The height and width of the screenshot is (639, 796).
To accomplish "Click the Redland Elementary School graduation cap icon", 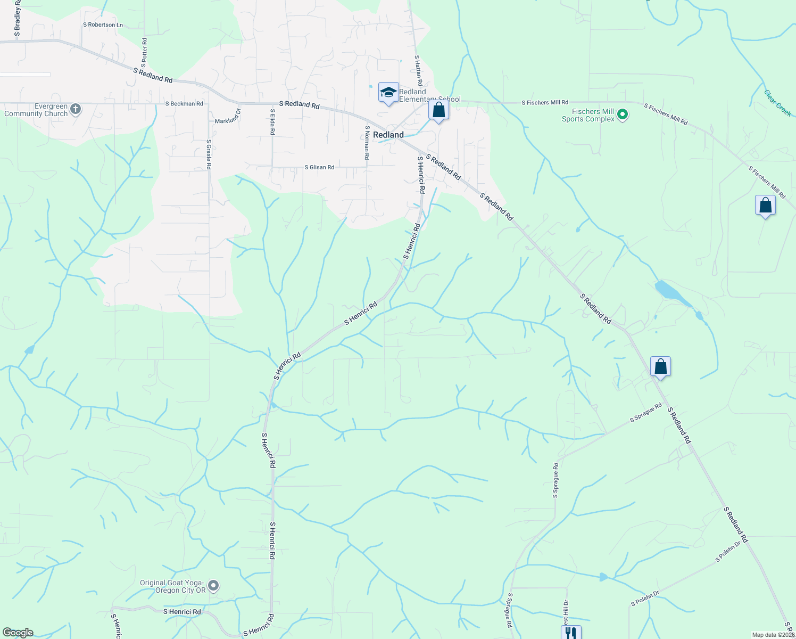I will tap(388, 92).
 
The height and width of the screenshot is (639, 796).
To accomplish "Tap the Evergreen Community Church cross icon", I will tap(76, 110).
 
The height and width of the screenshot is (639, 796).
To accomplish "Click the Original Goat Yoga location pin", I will tap(213, 586).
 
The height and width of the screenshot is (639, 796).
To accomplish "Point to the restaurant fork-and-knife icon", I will tap(570, 633).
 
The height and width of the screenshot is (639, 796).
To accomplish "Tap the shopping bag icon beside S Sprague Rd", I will tap(660, 366).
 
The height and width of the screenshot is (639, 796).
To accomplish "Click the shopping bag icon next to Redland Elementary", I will tap(438, 110).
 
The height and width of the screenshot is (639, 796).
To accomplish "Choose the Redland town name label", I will tap(388, 135).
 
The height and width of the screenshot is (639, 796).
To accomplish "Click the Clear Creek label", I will tap(777, 103).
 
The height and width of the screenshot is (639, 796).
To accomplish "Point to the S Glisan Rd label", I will tap(319, 167).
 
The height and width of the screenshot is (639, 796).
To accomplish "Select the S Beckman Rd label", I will tap(184, 104).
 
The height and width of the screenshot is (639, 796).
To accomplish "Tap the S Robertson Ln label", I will tap(103, 25).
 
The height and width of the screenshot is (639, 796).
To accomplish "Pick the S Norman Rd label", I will tap(367, 142).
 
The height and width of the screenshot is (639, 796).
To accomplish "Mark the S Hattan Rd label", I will tap(418, 70).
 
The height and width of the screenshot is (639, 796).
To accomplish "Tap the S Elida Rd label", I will tap(272, 121).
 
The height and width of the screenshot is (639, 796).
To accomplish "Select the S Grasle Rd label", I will tap(209, 154).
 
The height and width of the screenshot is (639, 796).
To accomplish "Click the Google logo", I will tap(18, 633).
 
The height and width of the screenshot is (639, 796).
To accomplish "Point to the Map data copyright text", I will tap(773, 635).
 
